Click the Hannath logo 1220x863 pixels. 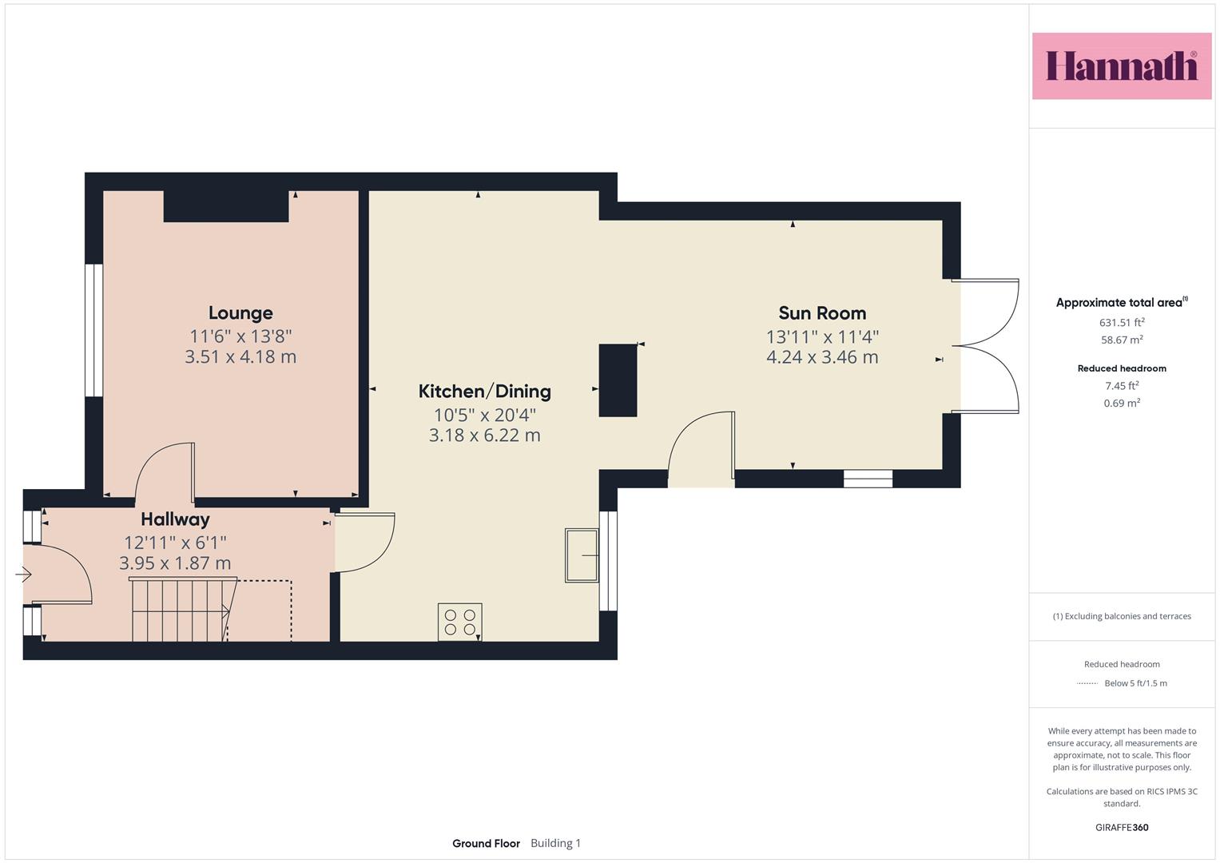1122,66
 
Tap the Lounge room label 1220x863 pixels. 240,312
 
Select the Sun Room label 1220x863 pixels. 822,313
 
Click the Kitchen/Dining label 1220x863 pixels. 484,392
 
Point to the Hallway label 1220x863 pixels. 175,519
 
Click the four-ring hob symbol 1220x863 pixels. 459,622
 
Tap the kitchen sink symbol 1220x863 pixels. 582,555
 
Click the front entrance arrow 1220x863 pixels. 23,575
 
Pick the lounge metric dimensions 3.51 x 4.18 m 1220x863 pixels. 240,357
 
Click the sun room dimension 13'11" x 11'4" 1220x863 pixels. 822,337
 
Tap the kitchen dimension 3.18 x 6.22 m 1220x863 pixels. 485,435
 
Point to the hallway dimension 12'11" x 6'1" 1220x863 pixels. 175,543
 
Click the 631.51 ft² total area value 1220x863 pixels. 1122,323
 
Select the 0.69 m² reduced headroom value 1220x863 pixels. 1122,404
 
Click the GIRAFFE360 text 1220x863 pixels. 1122,828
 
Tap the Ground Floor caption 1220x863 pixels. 486,843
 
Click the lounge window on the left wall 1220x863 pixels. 93,330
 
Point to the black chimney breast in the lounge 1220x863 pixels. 226,206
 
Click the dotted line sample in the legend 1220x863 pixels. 1087,683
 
